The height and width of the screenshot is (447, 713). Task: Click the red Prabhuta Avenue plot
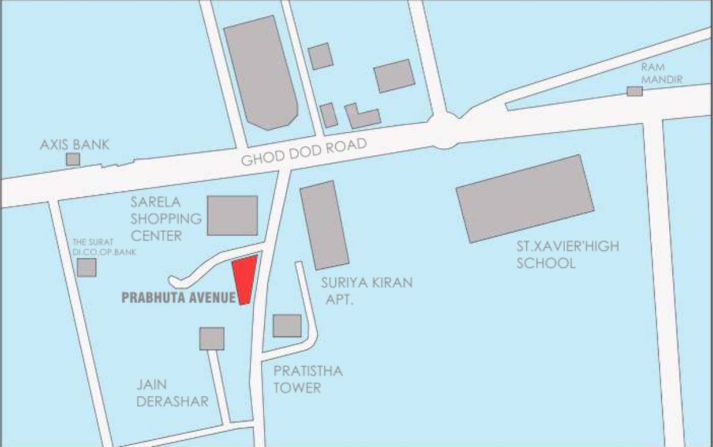[244, 279]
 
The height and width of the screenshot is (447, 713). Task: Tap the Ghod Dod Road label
[304, 152]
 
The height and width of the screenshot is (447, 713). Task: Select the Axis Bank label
[75, 145]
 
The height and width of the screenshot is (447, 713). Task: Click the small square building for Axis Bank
[73, 159]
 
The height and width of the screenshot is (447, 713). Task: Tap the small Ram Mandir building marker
[634, 91]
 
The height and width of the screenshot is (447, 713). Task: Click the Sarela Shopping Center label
[166, 219]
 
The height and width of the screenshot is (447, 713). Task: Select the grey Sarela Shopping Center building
[232, 215]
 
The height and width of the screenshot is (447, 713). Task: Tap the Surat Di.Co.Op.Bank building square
[87, 267]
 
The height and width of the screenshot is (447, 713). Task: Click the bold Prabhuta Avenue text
[178, 298]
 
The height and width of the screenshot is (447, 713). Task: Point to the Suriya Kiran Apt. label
[367, 290]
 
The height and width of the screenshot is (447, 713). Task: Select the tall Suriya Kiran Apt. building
[324, 225]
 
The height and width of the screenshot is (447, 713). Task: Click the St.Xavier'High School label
[567, 254]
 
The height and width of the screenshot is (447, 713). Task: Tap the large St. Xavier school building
[525, 198]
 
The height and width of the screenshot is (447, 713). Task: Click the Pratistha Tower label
[308, 379]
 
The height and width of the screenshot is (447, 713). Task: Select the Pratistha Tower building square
[287, 325]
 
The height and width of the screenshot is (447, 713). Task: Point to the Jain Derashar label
[172, 393]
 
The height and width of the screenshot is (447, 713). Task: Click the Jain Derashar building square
[212, 338]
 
